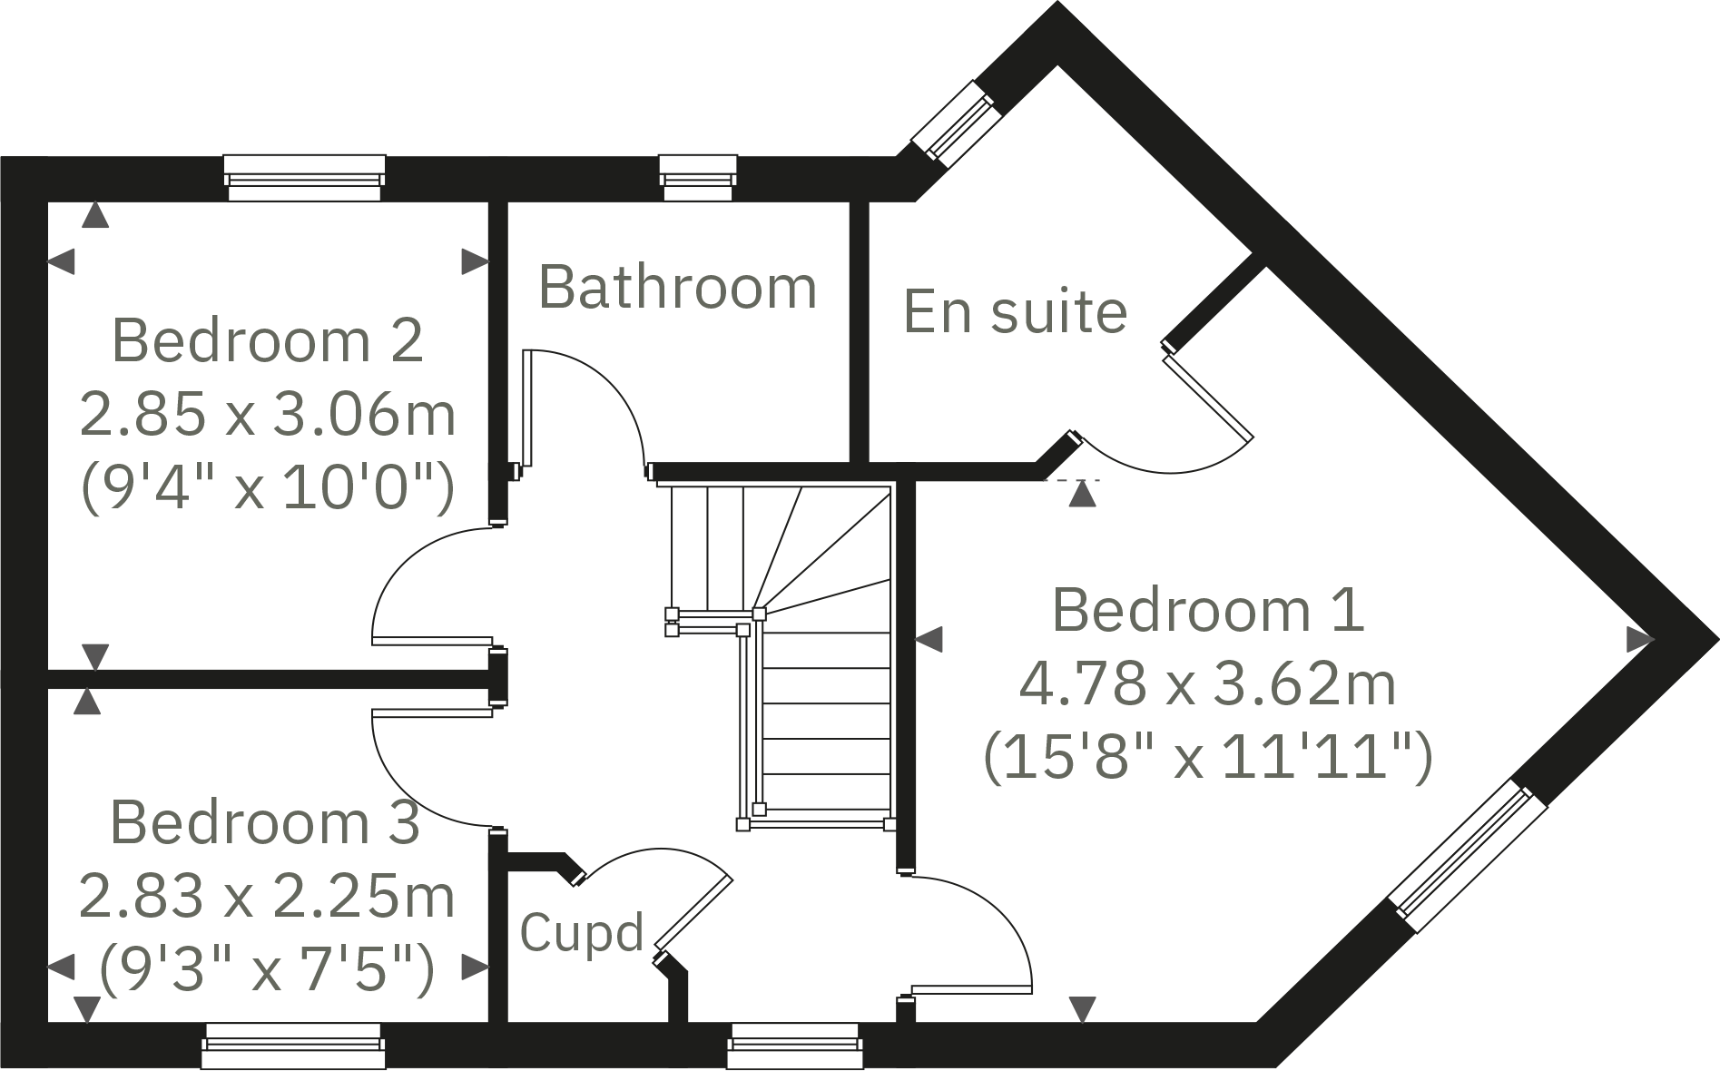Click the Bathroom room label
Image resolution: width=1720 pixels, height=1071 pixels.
pyautogui.click(x=677, y=288)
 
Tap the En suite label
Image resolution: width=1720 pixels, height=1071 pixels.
pyautogui.click(x=1015, y=311)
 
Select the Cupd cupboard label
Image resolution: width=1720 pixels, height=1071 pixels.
pyautogui.click(x=581, y=932)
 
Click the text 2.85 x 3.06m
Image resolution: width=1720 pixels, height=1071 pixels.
pyautogui.click(x=267, y=414)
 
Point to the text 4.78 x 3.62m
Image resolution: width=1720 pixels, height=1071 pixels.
pyautogui.click(x=1207, y=684)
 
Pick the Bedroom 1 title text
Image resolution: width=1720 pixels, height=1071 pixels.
pyautogui.click(x=1207, y=610)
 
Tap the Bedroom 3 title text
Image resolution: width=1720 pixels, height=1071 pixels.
pyautogui.click(x=264, y=822)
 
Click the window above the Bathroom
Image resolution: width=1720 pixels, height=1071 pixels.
pyautogui.click(x=697, y=177)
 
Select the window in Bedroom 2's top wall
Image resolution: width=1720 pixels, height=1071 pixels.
pyautogui.click(x=304, y=177)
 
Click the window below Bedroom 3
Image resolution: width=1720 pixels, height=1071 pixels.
pyautogui.click(x=292, y=1046)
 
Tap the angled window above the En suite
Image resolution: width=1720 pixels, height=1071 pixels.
pyautogui.click(x=956, y=123)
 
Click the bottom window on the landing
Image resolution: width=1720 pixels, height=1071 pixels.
pyautogui.click(x=793, y=1046)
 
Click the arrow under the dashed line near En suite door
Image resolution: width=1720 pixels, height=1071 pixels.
pyautogui.click(x=1081, y=495)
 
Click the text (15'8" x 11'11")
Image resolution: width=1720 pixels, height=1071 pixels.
pyautogui.click(x=1207, y=757)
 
